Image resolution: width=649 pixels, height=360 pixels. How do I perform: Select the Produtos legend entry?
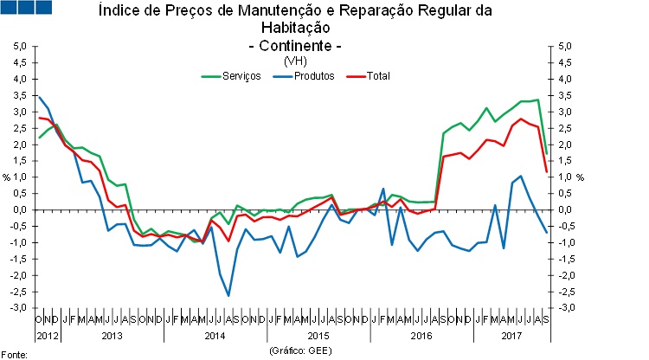click(x=313, y=76)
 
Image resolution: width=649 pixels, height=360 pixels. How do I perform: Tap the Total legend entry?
click(x=378, y=76)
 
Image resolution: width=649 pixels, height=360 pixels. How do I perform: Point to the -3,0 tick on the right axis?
click(x=564, y=308)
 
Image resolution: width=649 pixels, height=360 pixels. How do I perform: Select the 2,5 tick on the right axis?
click(x=563, y=128)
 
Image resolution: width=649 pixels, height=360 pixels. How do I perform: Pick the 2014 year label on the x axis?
click(x=215, y=334)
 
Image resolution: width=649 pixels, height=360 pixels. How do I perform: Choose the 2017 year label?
click(x=513, y=334)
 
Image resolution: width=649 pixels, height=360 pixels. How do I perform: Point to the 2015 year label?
click(x=318, y=334)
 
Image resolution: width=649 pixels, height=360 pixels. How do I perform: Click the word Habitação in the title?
click(x=295, y=28)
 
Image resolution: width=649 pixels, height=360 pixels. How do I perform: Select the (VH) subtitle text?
click(x=295, y=61)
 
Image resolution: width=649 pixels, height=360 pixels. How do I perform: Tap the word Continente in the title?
click(x=295, y=45)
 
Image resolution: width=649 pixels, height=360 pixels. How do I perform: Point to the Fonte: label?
click(x=15, y=354)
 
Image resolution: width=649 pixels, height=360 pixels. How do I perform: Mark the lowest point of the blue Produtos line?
click(x=228, y=296)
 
